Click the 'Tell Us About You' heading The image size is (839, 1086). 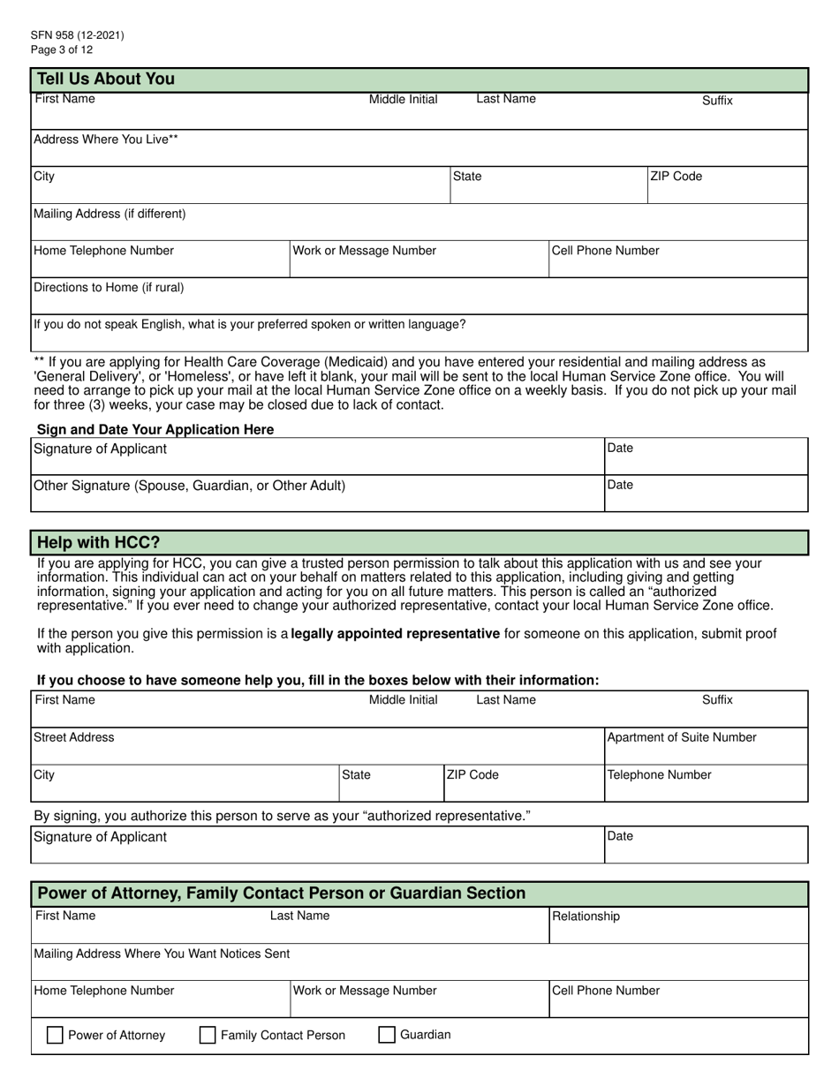[x=105, y=79]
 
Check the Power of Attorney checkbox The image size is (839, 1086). [x=55, y=1036]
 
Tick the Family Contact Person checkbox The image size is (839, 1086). [x=208, y=1036]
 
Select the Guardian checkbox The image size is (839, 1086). [x=387, y=1036]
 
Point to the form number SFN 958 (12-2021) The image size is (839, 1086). [x=78, y=35]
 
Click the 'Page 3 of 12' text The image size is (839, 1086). [x=61, y=49]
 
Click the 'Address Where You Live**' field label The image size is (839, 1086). [x=106, y=140]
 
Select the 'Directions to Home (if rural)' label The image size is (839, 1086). [x=109, y=288]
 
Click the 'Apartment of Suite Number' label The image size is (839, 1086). [x=682, y=737]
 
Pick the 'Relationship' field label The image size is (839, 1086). [x=586, y=916]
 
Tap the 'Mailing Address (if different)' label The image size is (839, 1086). [x=110, y=214]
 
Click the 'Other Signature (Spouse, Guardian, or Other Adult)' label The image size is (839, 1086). [x=189, y=486]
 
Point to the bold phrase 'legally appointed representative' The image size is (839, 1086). [x=396, y=634]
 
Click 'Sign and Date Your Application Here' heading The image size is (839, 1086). [x=155, y=430]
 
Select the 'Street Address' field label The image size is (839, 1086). [x=74, y=737]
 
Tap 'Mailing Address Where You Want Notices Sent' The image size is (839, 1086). [x=162, y=954]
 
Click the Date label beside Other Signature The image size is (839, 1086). [x=621, y=485]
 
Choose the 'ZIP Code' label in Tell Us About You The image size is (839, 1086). [x=676, y=177]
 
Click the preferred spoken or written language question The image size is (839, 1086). [x=250, y=325]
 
